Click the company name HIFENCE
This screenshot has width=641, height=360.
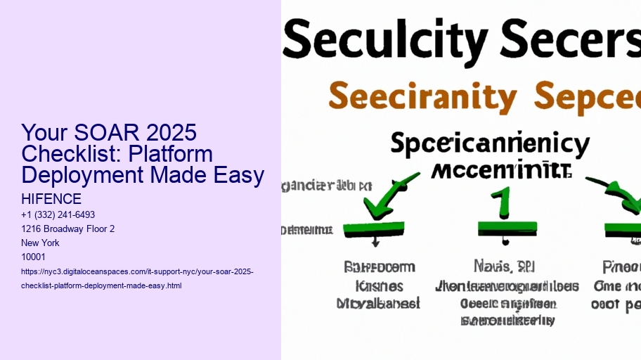[x=51, y=200]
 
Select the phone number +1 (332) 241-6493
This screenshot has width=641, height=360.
[x=58, y=214]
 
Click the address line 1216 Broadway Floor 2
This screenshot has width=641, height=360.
[x=68, y=229]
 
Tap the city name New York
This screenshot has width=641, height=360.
[x=41, y=243]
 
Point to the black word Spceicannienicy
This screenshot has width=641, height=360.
[x=489, y=146]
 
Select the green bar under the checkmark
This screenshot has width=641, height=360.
[x=373, y=229]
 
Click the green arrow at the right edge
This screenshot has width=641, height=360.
[x=623, y=198]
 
